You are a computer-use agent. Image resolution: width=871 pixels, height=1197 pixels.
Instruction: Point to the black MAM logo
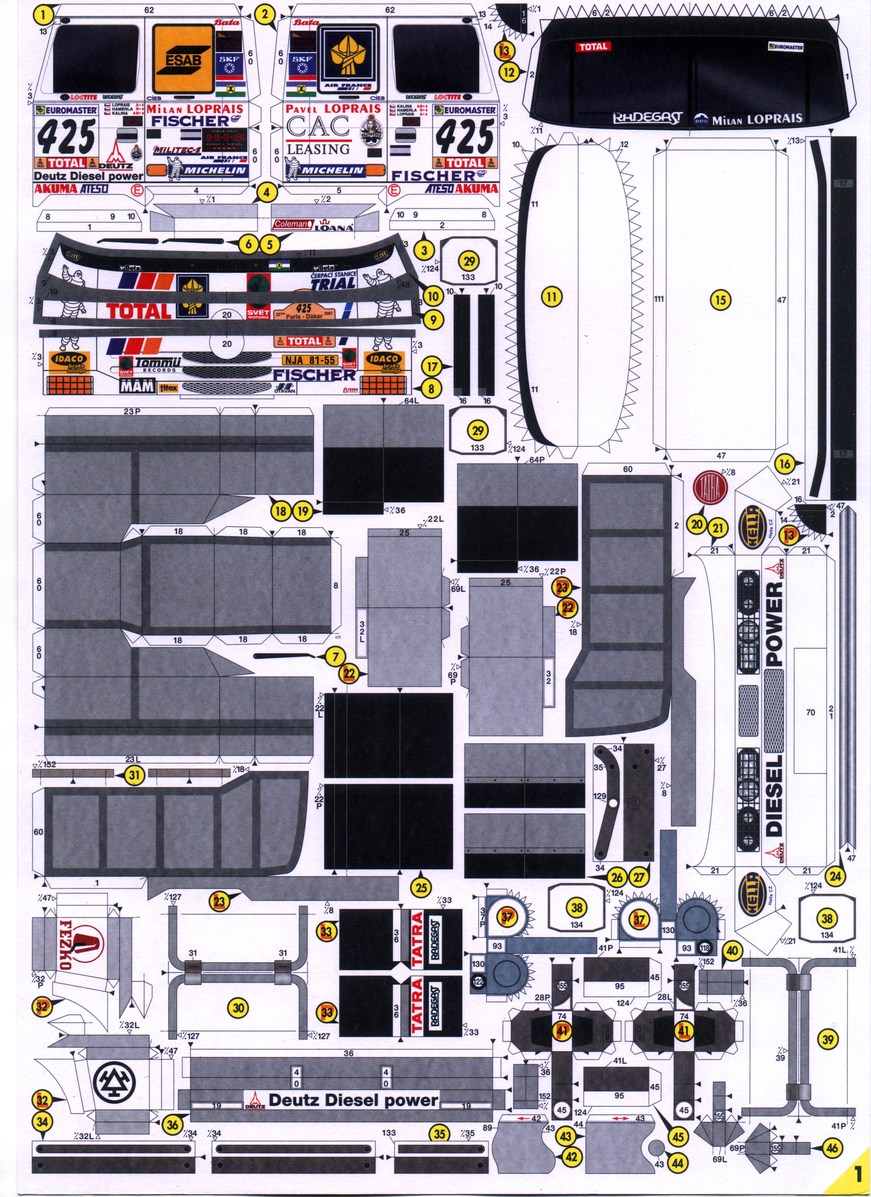137,386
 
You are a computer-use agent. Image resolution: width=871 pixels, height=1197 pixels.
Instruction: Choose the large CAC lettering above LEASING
318,127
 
